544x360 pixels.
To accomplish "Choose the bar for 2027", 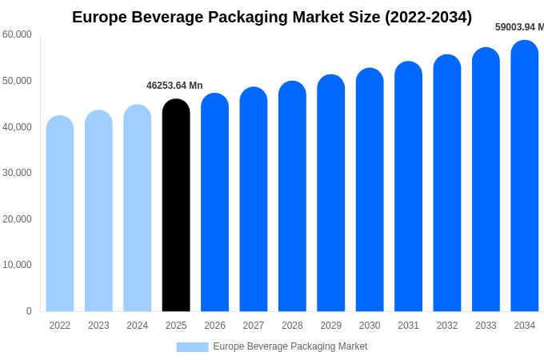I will [x=254, y=199].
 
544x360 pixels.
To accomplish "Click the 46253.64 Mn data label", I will [x=174, y=86].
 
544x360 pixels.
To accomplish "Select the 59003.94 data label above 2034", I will [x=519, y=27].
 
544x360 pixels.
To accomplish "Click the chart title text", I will [x=272, y=17].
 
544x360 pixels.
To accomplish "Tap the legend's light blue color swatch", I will [x=192, y=346].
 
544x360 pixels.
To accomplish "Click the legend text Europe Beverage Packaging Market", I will [x=290, y=346].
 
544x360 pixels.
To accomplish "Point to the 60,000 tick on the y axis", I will [x=17, y=34].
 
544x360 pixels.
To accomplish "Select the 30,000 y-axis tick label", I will [x=17, y=173].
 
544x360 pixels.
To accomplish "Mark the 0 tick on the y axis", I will [x=29, y=311].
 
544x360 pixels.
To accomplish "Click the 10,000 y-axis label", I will [x=17, y=265].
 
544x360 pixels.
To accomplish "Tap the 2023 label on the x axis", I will [x=98, y=326].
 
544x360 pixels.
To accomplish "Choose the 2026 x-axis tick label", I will [x=214, y=326].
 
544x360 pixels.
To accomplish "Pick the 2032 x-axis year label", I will [x=447, y=326].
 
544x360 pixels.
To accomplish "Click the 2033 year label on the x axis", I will [x=486, y=326].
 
